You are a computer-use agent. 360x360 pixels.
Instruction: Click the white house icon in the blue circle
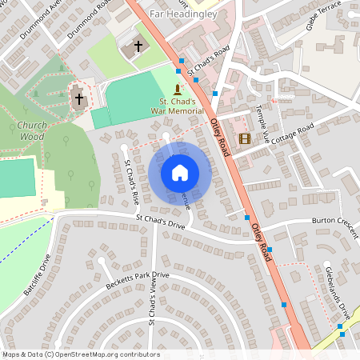click(179, 173)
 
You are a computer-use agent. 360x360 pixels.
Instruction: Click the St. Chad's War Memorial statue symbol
click(177, 89)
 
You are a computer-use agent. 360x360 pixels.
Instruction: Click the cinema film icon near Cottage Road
click(244, 138)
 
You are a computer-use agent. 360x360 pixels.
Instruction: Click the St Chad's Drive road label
click(160, 220)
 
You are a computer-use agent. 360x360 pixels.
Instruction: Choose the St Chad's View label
click(150, 322)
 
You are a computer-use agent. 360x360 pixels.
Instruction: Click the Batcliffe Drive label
click(38, 275)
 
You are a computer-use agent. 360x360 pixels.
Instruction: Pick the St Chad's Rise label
click(131, 181)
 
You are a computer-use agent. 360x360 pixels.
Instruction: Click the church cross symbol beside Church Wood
click(79, 99)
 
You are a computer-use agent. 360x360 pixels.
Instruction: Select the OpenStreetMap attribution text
click(80, 354)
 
